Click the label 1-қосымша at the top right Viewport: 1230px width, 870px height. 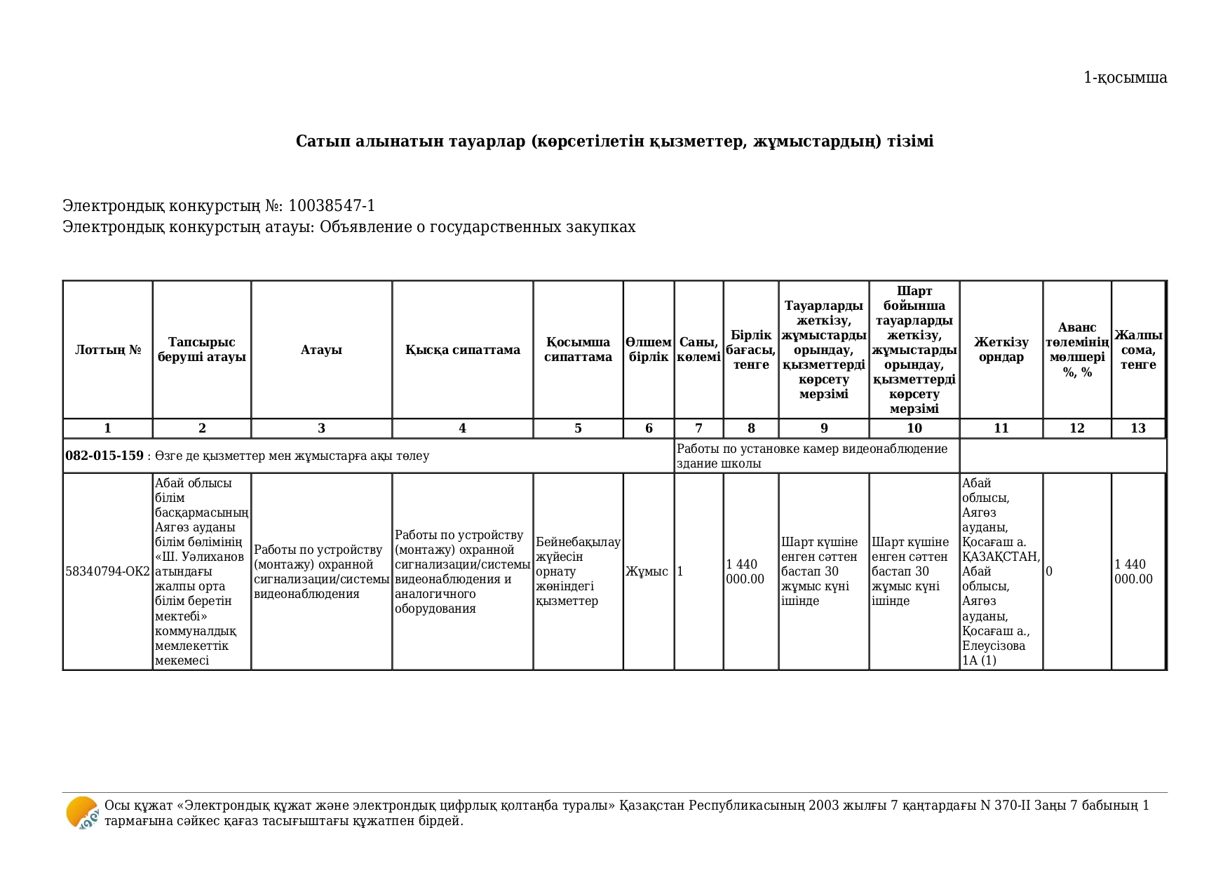(x=1125, y=78)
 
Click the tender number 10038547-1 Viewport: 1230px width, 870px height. (x=331, y=206)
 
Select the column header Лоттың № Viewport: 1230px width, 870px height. (x=108, y=350)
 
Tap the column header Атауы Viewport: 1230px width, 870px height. (x=321, y=350)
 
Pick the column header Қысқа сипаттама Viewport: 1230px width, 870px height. (x=462, y=350)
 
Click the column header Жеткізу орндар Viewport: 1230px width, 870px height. (x=1001, y=350)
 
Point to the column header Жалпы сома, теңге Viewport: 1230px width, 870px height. (x=1137, y=350)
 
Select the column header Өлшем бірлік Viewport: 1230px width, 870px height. (x=648, y=350)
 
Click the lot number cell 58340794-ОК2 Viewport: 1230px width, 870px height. (x=108, y=571)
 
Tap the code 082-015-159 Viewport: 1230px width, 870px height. (x=104, y=456)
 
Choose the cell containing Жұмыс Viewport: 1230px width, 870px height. (x=647, y=571)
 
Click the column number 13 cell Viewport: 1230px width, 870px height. (x=1137, y=428)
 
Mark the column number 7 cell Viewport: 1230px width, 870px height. (x=698, y=428)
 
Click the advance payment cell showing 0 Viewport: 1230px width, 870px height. (x=1049, y=571)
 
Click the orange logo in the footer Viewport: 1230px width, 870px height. (x=82, y=813)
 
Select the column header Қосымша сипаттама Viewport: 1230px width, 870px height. (x=578, y=350)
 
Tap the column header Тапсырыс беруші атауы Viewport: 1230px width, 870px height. (x=202, y=350)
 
